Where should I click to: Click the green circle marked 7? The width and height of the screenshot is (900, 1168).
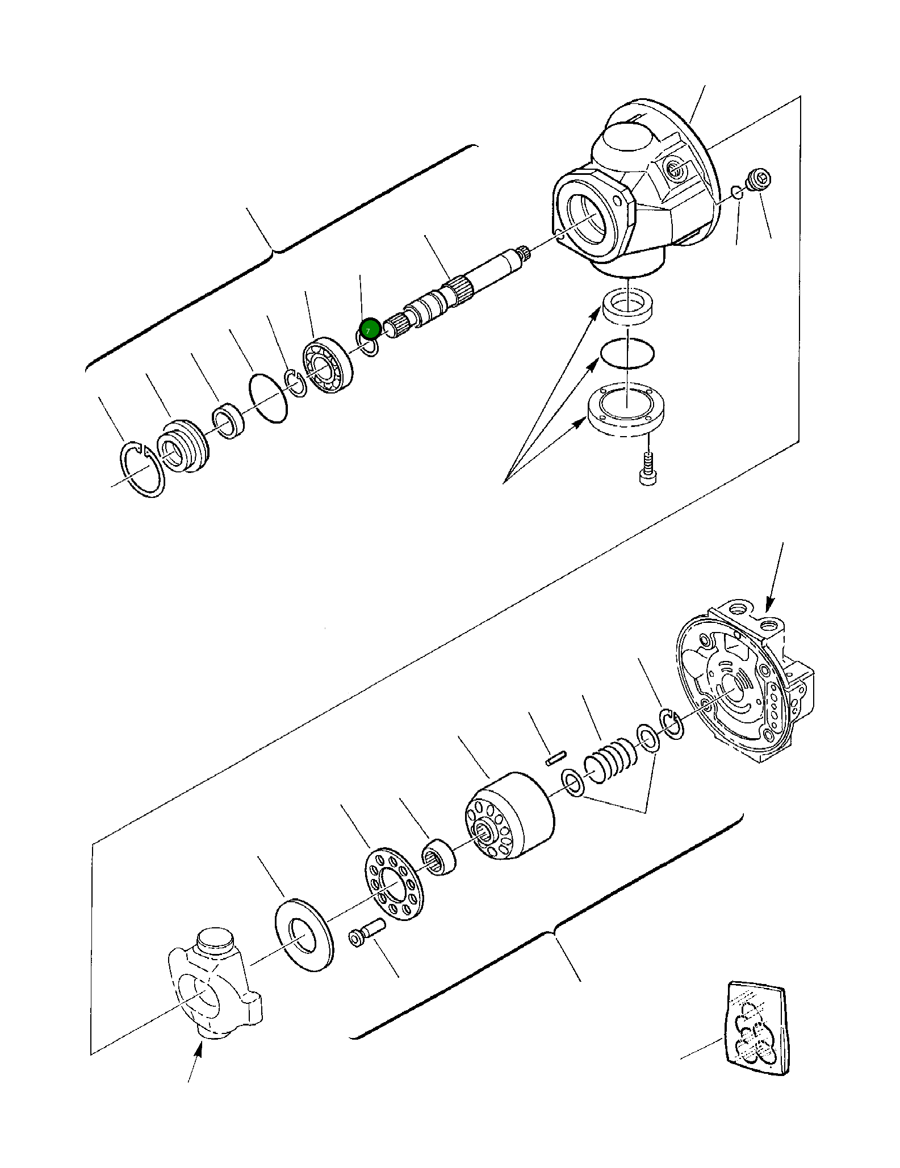tap(369, 329)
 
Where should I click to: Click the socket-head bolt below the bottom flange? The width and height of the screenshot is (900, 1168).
tap(647, 471)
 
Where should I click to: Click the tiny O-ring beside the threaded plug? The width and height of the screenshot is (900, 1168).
tap(736, 192)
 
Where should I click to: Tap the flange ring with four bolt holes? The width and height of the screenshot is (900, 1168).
tap(626, 410)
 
